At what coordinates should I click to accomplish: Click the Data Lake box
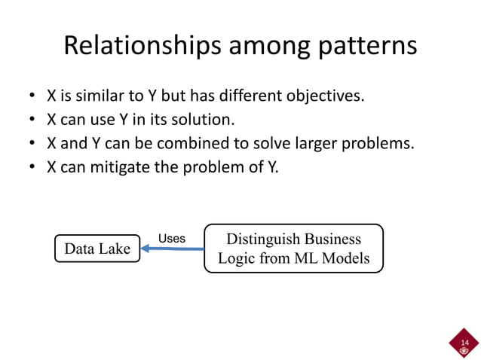coord(97,249)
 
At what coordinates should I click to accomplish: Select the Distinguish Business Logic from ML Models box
coord(293,249)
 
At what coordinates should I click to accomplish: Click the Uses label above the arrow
coord(171,238)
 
